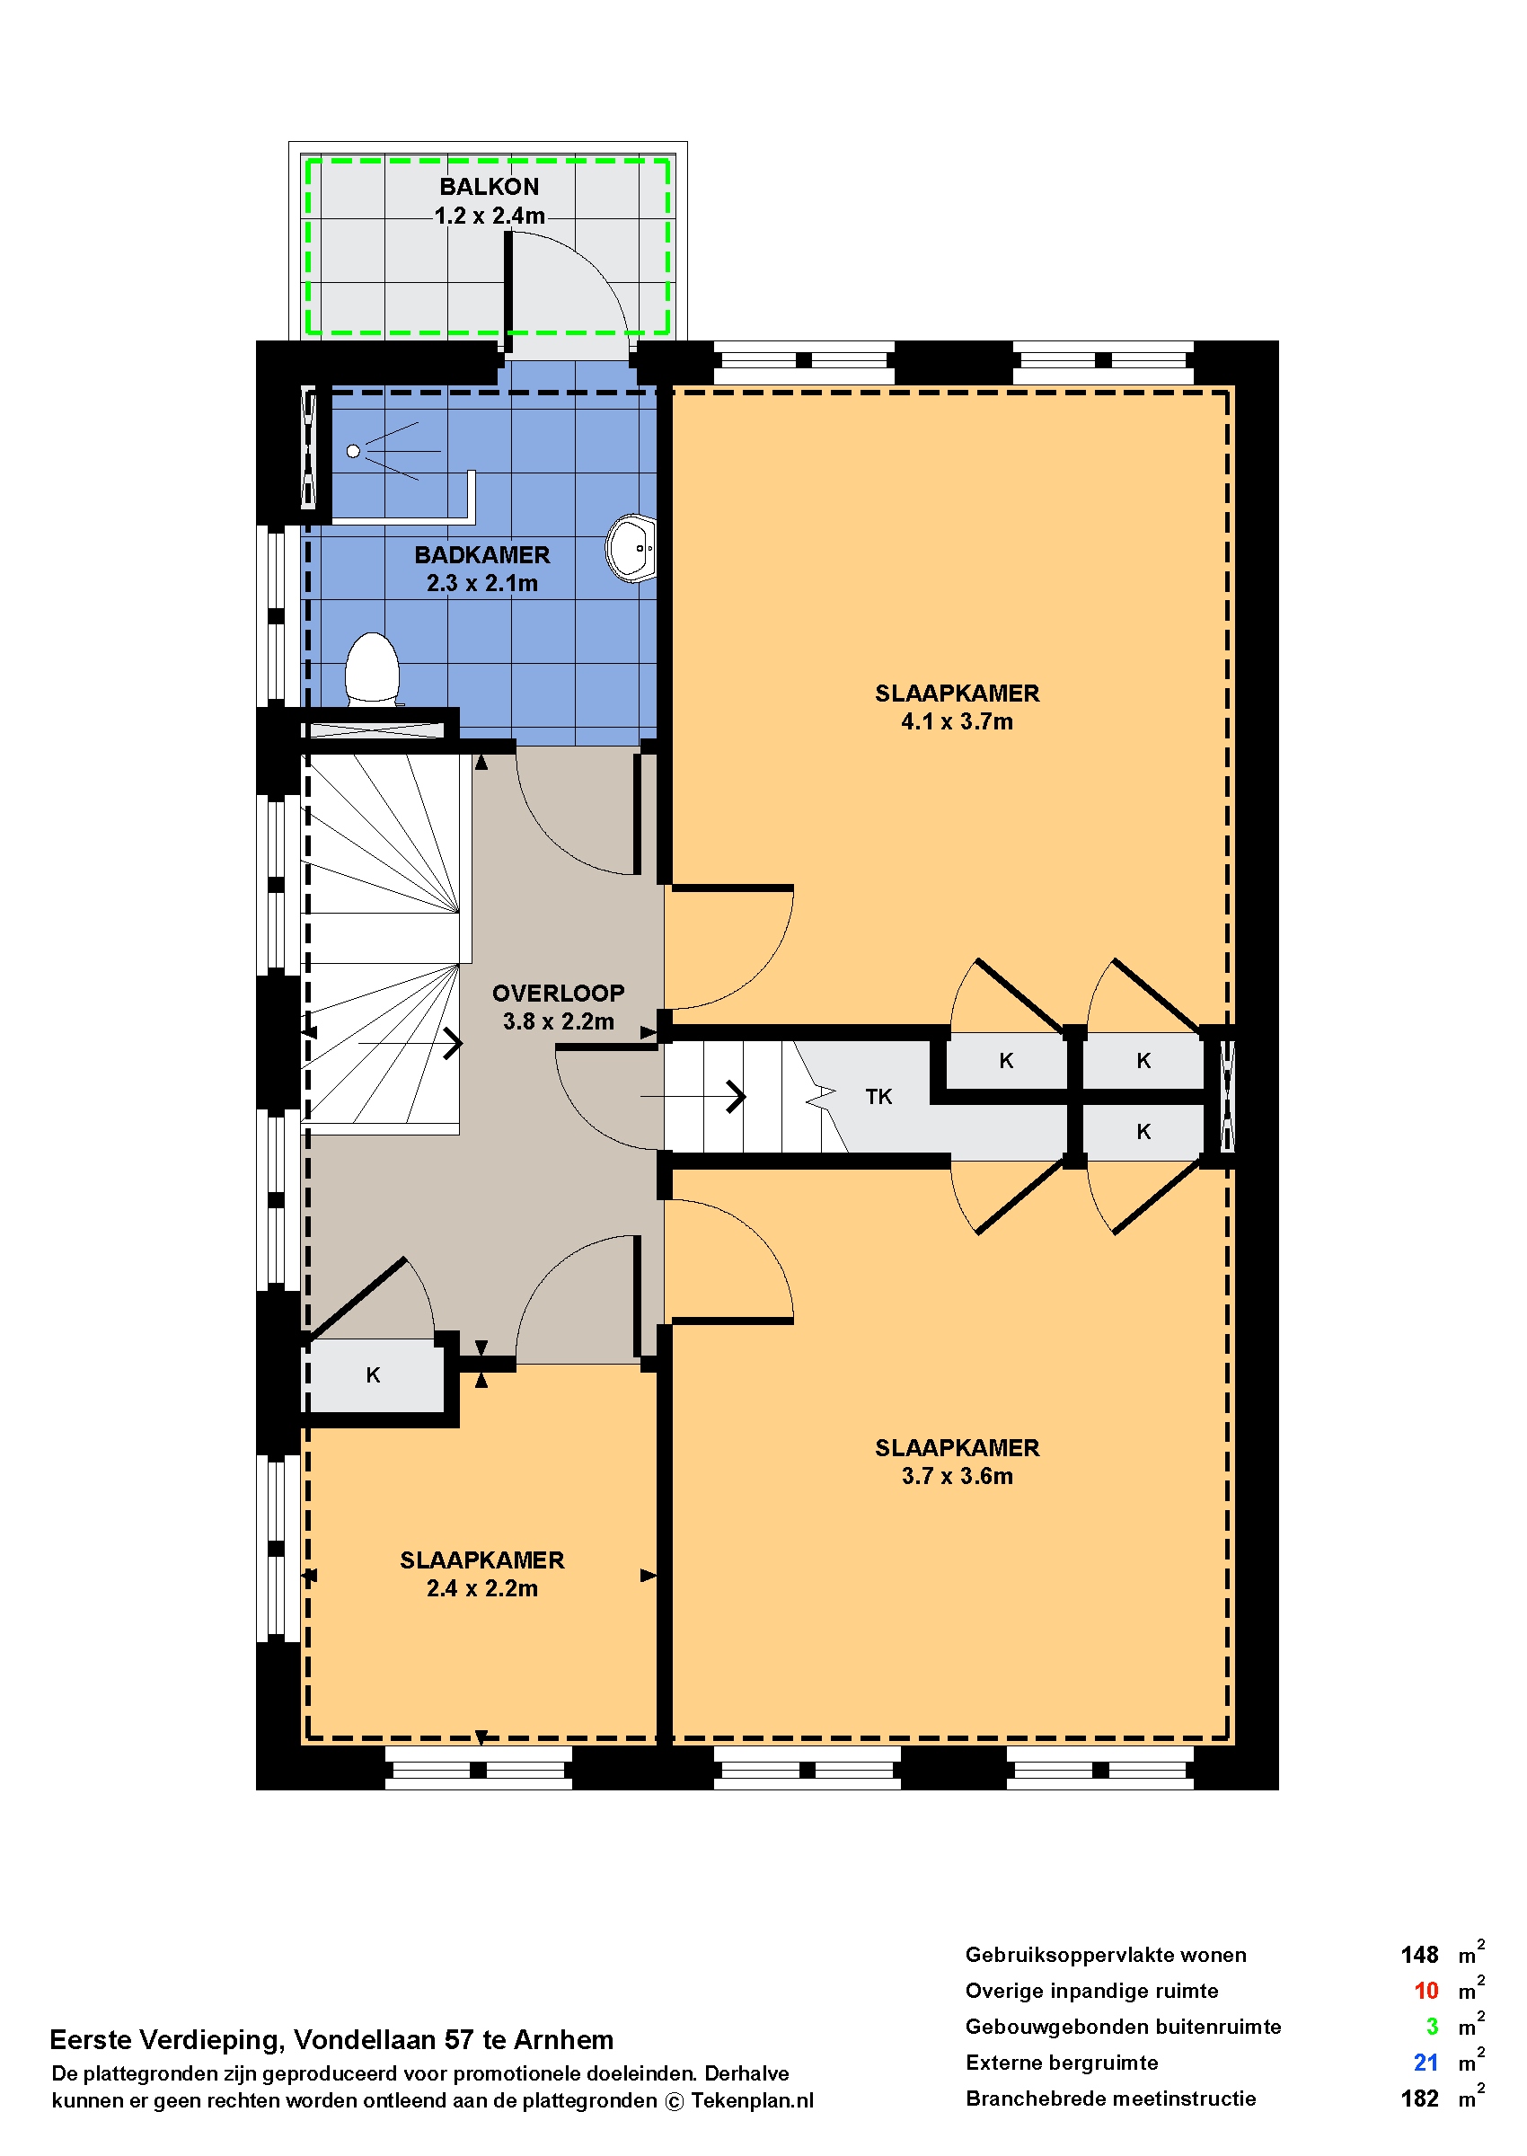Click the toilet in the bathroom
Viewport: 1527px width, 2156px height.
373,669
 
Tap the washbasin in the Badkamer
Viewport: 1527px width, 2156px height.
631,548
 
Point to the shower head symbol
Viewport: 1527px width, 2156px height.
354,451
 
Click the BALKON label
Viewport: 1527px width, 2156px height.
489,187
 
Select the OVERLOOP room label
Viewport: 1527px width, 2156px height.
559,993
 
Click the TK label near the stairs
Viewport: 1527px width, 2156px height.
878,1096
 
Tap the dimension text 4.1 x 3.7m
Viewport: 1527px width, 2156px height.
958,722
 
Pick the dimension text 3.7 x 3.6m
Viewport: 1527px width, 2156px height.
958,1476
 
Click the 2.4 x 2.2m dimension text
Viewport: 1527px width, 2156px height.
482,1588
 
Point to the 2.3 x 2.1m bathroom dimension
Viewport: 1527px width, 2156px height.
482,583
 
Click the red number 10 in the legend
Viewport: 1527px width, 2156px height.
1425,1992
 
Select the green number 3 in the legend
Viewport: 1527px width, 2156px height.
1432,2028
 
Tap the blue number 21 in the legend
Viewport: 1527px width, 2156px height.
1425,2063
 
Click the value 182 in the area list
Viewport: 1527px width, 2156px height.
1419,2099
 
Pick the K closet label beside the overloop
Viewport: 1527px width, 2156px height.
374,1374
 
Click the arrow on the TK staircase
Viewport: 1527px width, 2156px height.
693,1096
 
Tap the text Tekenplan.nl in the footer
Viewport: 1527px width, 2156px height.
752,2100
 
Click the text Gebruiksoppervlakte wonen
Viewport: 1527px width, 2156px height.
1106,1955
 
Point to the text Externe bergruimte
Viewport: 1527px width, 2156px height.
1062,2063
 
